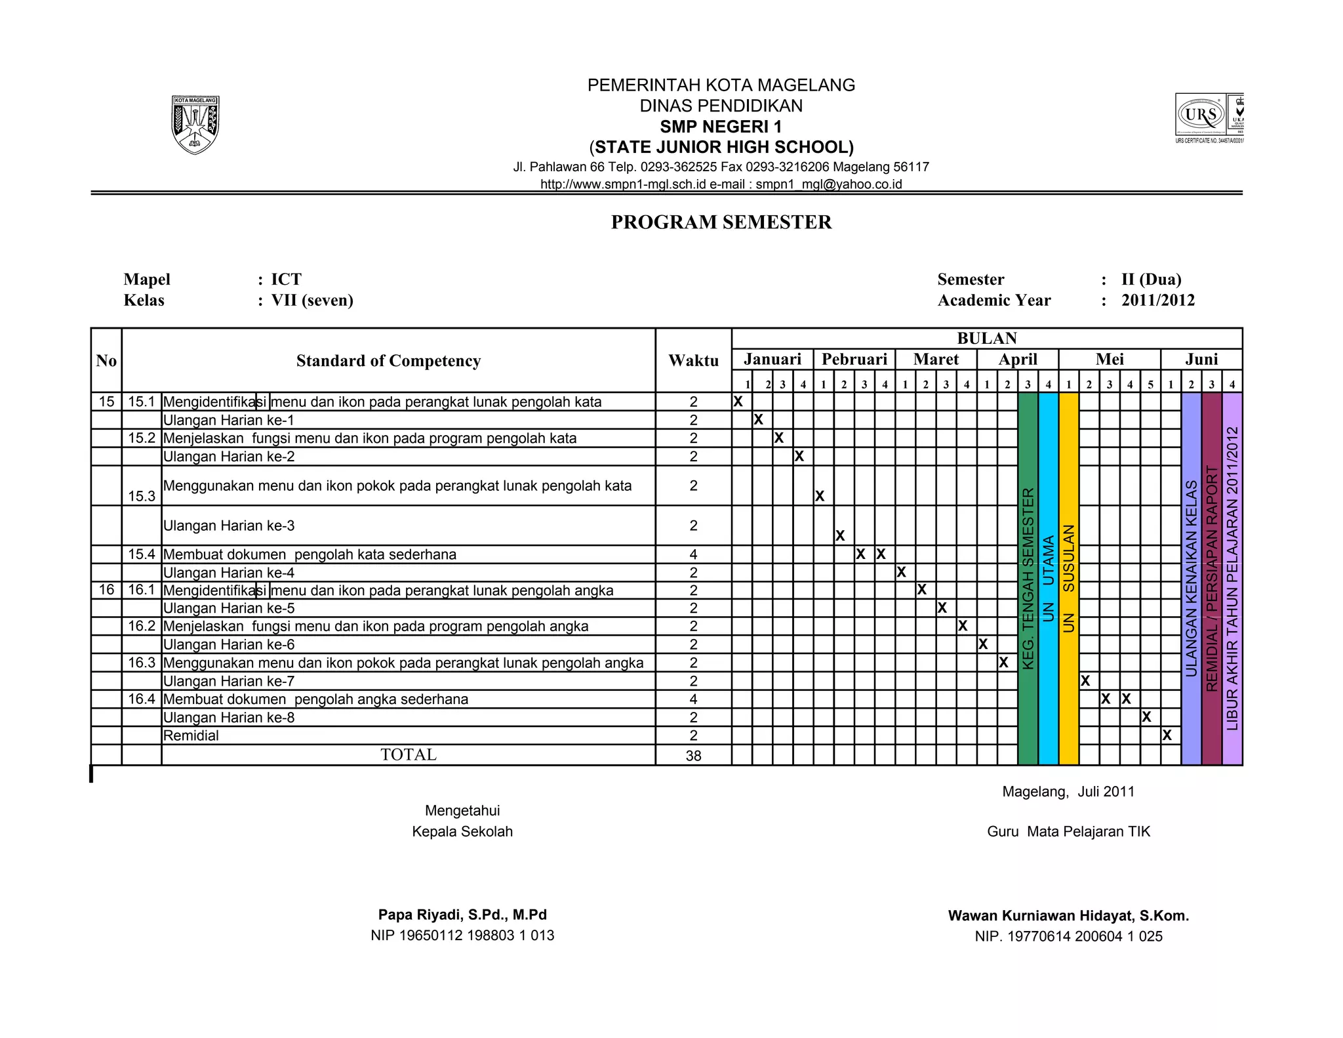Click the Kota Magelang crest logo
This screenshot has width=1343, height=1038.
(x=195, y=125)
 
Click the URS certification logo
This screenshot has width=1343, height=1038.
(x=1208, y=116)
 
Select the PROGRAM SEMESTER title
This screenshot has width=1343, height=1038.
(x=721, y=222)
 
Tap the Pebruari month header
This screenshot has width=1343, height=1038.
(x=854, y=360)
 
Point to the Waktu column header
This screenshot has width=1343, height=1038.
(x=693, y=360)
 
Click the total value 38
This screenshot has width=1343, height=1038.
(x=693, y=756)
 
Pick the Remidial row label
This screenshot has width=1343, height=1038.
(x=191, y=736)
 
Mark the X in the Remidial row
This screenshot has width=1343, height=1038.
(x=1167, y=736)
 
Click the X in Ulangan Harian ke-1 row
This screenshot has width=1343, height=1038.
(x=758, y=419)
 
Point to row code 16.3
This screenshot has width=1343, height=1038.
(x=142, y=663)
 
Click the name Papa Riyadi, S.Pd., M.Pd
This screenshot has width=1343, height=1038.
(x=462, y=915)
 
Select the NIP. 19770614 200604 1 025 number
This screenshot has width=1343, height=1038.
(x=1068, y=936)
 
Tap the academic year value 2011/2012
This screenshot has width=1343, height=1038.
(x=1157, y=301)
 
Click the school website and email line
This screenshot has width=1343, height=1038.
(x=721, y=184)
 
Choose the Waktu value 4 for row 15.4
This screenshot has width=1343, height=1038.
(x=693, y=554)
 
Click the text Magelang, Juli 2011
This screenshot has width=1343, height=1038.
(x=1068, y=791)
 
